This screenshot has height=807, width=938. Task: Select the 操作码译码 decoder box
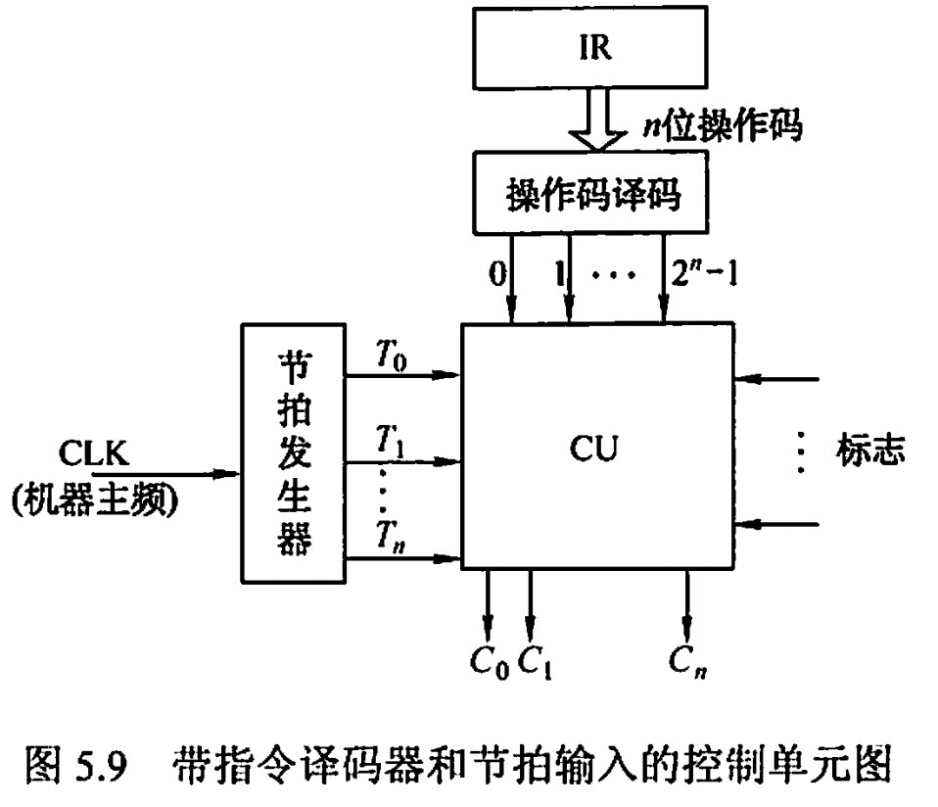tap(593, 192)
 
